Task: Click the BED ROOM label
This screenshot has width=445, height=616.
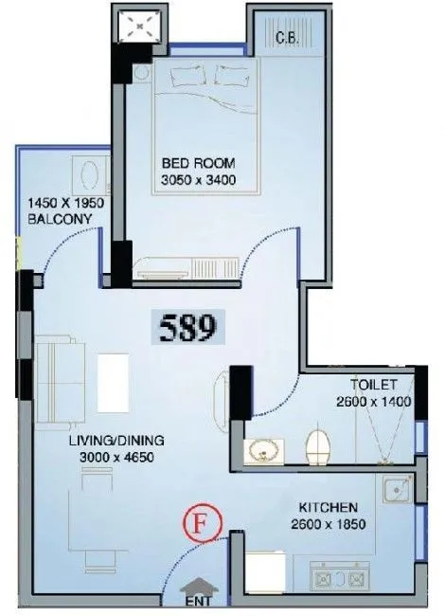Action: [198, 162]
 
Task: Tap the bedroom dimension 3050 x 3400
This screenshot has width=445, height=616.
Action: [198, 178]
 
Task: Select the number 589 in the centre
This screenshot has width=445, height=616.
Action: [186, 328]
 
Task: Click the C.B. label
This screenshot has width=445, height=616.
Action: [290, 39]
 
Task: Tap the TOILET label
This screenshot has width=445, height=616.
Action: [372, 385]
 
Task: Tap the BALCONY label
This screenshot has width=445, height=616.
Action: [58, 219]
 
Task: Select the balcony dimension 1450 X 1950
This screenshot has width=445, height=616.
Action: [62, 203]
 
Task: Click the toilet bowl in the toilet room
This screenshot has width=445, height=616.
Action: [319, 446]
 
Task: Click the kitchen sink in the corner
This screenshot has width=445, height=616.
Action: [397, 491]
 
